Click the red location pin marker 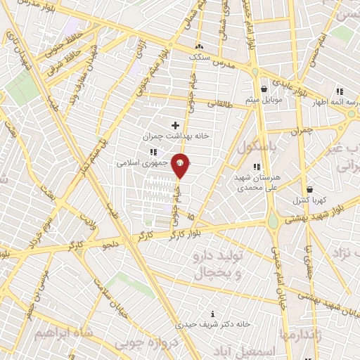tap(180, 165)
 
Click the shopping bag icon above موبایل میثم tap(264, 89)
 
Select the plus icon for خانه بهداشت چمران tap(175, 125)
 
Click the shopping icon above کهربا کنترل tap(309, 189)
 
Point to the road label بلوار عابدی tap(290, 88)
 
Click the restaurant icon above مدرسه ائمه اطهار tap(340, 91)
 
